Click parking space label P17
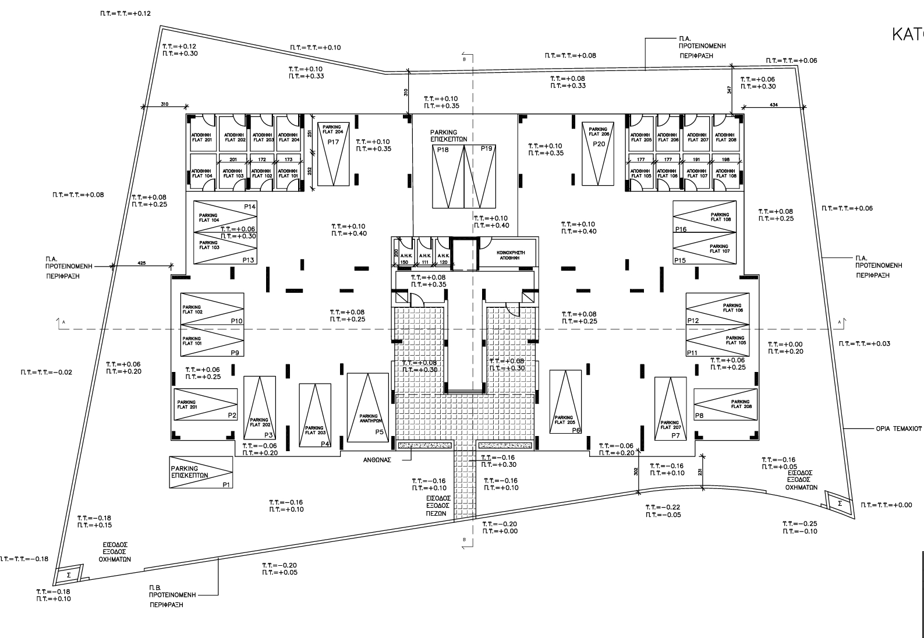click(333, 143)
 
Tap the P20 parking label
click(599, 144)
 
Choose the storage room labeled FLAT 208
click(725, 137)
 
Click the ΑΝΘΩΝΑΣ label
click(377, 459)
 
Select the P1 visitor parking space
click(200, 472)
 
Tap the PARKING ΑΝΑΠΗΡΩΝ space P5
click(368, 407)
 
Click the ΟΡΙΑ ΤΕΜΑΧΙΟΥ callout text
click(898, 428)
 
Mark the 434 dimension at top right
click(774, 104)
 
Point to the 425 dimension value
click(141, 263)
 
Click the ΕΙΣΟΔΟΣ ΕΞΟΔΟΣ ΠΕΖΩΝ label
click(437, 506)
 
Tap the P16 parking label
click(681, 229)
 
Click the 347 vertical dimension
click(729, 90)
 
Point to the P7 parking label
click(675, 435)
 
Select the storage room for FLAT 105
click(640, 173)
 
